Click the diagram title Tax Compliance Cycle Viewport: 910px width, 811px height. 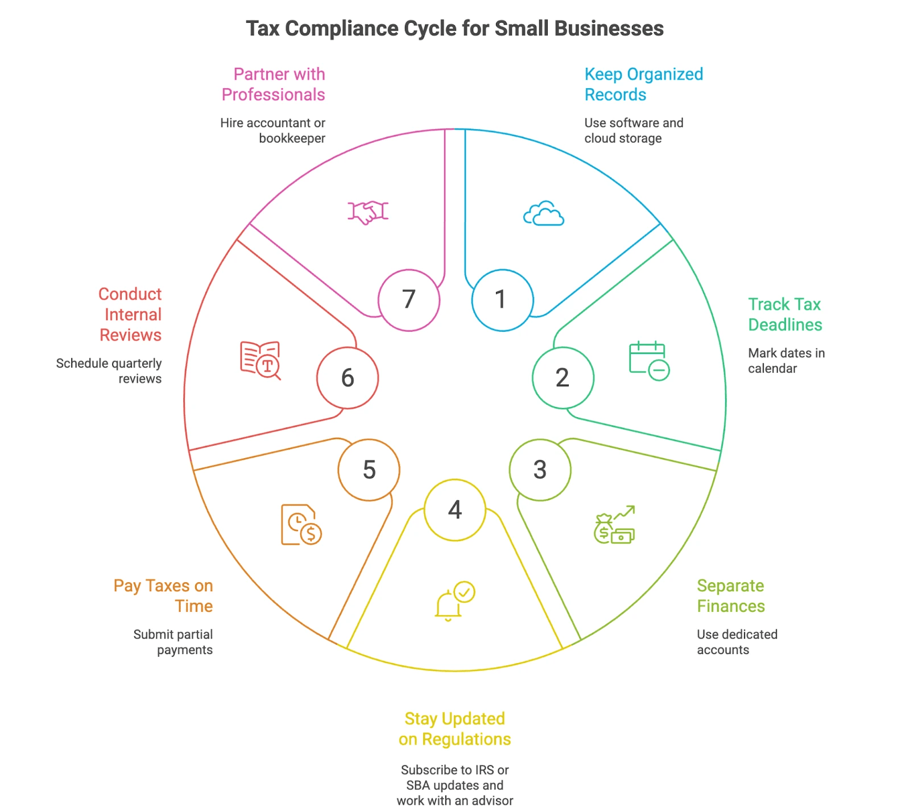pyautogui.click(x=454, y=28)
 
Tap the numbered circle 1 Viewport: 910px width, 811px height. pyautogui.click(x=502, y=300)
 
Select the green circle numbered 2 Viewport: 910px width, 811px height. pyautogui.click(x=563, y=378)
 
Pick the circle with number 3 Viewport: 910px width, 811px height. pyautogui.click(x=540, y=470)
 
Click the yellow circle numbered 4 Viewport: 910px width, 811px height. pyautogui.click(x=455, y=510)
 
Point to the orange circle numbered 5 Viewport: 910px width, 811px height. pyautogui.click(x=369, y=470)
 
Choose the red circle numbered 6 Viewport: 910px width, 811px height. pyautogui.click(x=348, y=378)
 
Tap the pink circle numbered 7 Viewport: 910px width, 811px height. pyautogui.click(x=409, y=300)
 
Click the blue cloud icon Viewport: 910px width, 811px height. pyautogui.click(x=544, y=214)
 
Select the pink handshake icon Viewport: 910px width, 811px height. pyautogui.click(x=368, y=212)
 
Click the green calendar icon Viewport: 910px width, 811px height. pyautogui.click(x=649, y=361)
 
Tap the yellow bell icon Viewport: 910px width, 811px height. pyautogui.click(x=454, y=601)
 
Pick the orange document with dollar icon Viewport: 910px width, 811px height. pyautogui.click(x=301, y=525)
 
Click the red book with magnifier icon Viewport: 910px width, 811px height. pyautogui.click(x=260, y=360)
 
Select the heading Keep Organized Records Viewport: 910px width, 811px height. pyautogui.click(x=643, y=84)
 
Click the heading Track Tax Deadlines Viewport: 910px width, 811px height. pyautogui.click(x=784, y=314)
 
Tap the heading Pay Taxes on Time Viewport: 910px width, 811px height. pyautogui.click(x=163, y=595)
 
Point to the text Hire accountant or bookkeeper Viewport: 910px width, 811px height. pyautogui.click(x=273, y=130)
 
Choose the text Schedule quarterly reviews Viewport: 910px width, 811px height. pyautogui.click(x=109, y=370)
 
